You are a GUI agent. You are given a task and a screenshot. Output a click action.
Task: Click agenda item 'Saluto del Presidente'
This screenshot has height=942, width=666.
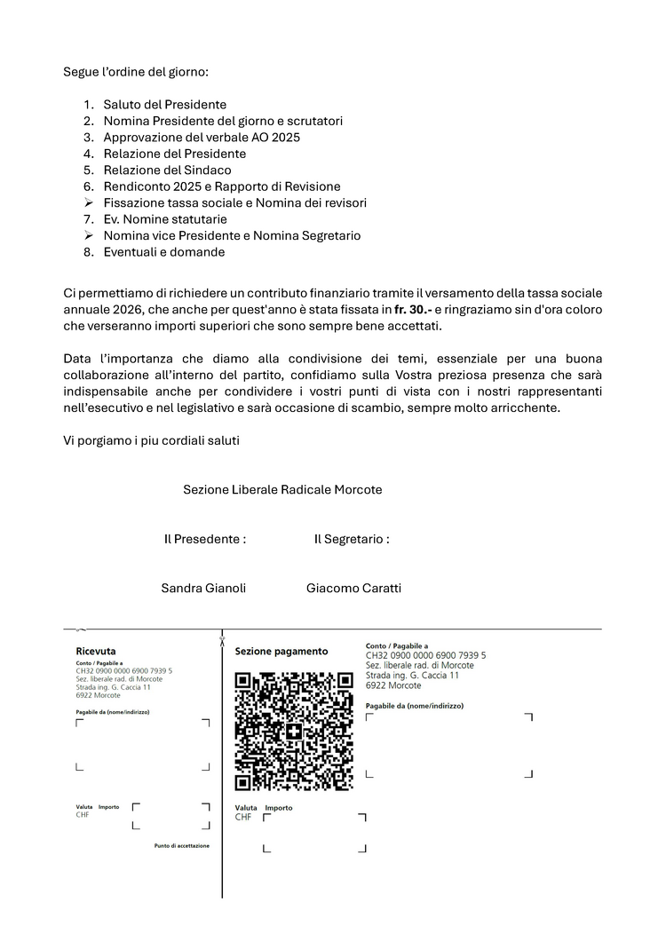[164, 105]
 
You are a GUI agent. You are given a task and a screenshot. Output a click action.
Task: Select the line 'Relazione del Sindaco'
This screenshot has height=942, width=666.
[167, 170]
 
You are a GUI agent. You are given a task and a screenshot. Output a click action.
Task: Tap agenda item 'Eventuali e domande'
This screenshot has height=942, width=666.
[163, 252]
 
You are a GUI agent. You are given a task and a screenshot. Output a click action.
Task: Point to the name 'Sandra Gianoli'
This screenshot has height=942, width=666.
[203, 588]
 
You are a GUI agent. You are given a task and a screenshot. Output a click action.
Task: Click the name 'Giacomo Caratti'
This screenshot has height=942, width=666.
[353, 588]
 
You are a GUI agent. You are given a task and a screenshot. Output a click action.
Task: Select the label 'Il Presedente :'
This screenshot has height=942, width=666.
[205, 539]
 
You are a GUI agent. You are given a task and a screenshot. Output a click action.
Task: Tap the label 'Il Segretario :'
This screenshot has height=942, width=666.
[352, 539]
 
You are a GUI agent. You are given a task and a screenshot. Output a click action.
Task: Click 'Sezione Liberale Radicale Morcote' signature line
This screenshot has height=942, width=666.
[282, 489]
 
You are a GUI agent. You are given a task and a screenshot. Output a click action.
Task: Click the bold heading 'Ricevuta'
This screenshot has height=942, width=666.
[96, 651]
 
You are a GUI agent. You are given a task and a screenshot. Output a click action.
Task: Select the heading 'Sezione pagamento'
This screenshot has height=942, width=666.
[281, 651]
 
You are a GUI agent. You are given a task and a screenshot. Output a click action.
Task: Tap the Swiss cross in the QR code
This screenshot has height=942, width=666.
[294, 732]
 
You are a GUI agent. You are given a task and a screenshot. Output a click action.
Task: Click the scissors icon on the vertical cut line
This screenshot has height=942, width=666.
[222, 639]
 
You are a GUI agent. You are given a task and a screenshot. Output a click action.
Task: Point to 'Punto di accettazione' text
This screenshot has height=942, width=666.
[182, 846]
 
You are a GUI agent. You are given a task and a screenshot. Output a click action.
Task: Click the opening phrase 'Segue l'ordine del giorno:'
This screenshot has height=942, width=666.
[135, 71]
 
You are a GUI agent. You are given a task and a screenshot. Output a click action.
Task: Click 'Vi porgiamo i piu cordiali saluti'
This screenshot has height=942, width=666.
[152, 440]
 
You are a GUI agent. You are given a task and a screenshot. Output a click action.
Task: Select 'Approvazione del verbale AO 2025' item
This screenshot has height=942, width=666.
[202, 138]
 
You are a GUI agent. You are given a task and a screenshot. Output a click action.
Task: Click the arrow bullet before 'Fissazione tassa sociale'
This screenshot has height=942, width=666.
[89, 203]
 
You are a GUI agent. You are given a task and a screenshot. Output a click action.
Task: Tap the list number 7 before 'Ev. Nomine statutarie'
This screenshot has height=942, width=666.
[89, 219]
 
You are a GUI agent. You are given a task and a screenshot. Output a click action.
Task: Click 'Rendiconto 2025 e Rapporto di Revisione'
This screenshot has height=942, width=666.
[222, 186]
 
